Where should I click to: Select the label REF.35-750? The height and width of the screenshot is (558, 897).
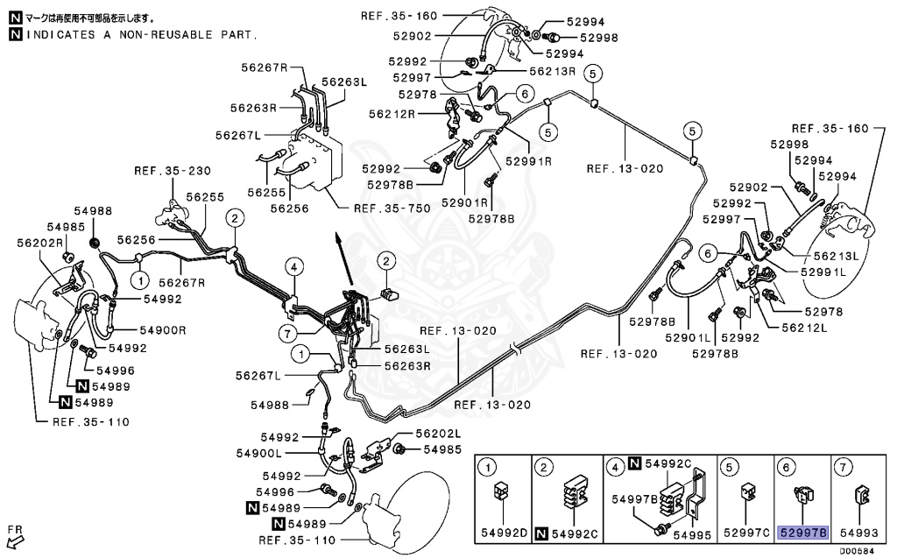[x=388, y=208]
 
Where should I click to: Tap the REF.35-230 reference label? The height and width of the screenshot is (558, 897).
[x=173, y=171]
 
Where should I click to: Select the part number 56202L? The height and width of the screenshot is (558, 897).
[x=438, y=434]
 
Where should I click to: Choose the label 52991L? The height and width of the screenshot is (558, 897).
[x=823, y=272]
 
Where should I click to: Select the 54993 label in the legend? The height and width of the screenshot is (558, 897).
[x=858, y=533]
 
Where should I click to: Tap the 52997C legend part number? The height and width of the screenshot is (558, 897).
[x=745, y=533]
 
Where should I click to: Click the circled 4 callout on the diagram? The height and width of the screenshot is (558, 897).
[x=295, y=266]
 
